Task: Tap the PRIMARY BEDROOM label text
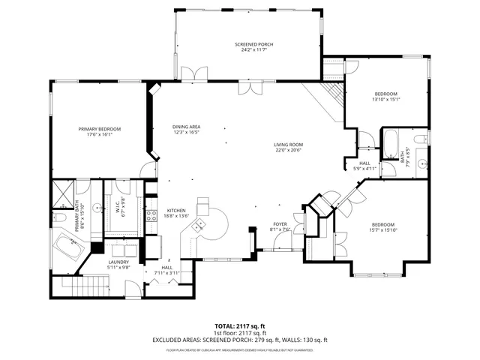click(99, 129)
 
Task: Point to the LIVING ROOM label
click(287, 145)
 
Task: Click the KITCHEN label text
click(176, 211)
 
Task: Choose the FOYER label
click(280, 224)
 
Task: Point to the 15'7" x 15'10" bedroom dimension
click(382, 230)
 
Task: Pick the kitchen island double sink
click(202, 205)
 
